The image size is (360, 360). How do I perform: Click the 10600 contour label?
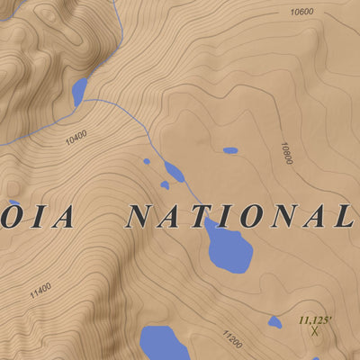point(301,13)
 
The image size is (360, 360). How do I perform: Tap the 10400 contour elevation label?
point(76,138)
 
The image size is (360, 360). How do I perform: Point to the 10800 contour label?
point(287,152)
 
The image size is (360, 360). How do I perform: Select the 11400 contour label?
point(40,291)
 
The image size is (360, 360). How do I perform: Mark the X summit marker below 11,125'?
point(315,330)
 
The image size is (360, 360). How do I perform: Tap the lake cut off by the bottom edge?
point(162,343)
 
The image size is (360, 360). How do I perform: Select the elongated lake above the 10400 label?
point(79,91)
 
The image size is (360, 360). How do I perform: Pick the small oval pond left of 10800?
point(230,150)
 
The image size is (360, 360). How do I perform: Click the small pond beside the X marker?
point(275,322)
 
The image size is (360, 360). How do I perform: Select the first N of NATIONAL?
point(140,217)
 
